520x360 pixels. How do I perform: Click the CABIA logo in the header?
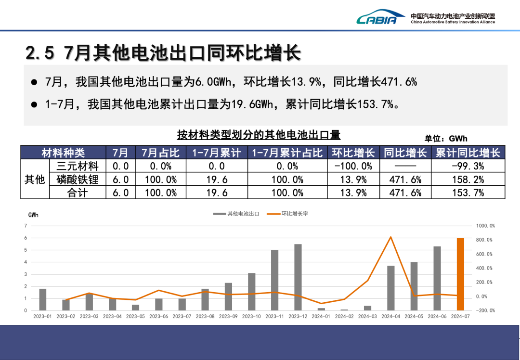[x=377, y=18]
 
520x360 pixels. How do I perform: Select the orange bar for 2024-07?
[x=460, y=274]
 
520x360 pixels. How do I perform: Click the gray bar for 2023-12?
[x=298, y=277]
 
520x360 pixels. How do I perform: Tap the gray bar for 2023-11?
[x=274, y=280]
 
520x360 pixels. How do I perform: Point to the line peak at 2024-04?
[x=390, y=237]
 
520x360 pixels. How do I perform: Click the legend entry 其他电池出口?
[x=236, y=214]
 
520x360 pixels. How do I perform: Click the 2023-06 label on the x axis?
[x=158, y=317]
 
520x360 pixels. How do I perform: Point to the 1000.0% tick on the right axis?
[x=485, y=226]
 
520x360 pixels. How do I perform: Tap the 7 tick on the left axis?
[x=26, y=226]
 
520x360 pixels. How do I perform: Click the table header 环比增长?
[x=353, y=153]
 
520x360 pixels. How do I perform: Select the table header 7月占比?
[x=160, y=153]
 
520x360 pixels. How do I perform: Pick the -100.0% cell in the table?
[x=353, y=166]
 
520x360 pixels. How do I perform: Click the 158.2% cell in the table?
[x=468, y=180]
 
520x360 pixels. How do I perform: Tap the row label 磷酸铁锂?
[x=78, y=180]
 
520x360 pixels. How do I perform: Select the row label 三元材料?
[x=78, y=166]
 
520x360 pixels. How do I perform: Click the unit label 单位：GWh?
[x=446, y=139]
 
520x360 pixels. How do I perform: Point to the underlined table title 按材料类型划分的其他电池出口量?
[x=259, y=134]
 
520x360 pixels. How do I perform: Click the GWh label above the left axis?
[x=34, y=215]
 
